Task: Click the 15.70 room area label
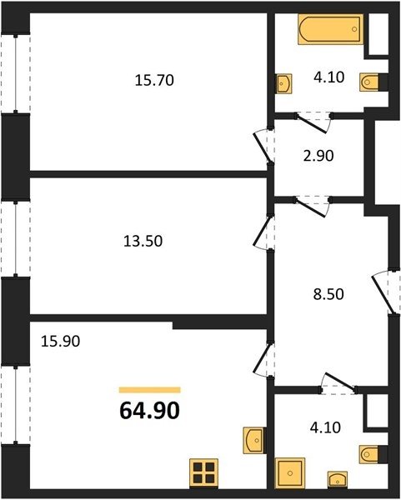click(154, 80)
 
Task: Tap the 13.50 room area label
click(143, 241)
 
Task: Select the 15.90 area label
click(61, 341)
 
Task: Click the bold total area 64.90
click(149, 410)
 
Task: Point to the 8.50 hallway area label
click(328, 294)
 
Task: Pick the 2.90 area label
click(318, 156)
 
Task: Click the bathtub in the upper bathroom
click(330, 29)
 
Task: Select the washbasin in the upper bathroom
click(283, 83)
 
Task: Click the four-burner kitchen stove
click(204, 473)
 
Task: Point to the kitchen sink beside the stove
click(254, 440)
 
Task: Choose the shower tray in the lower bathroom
click(290, 472)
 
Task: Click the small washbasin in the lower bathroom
click(338, 479)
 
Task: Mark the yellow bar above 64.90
click(149, 390)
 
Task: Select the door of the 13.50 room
click(263, 232)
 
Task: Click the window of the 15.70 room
click(15, 73)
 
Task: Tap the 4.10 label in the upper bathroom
click(329, 77)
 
